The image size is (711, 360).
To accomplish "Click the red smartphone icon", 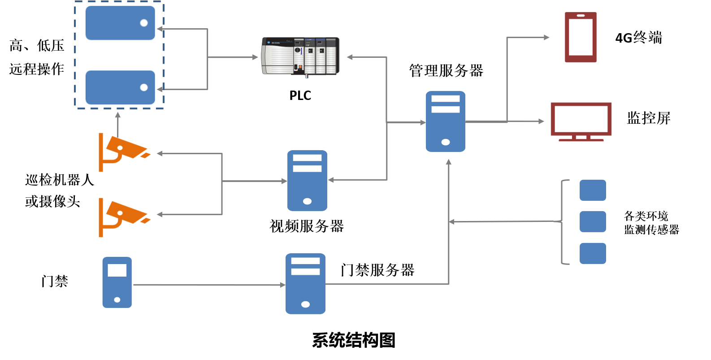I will [581, 37].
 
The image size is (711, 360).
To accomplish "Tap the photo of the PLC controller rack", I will [300, 56].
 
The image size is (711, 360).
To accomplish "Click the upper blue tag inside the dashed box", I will [120, 23].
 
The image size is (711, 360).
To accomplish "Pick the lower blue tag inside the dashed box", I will [120, 87].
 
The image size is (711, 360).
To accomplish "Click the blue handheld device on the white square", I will [117, 282].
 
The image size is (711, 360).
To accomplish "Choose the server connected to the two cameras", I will [307, 180].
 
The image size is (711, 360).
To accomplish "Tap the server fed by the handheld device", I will [305, 283].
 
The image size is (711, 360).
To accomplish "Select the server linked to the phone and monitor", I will [445, 121].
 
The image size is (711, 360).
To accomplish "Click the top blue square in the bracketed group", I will [593, 190].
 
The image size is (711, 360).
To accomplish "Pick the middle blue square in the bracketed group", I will [593, 221].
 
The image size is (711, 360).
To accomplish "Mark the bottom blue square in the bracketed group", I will [593, 253].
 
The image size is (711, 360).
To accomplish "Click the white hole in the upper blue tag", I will [144, 23].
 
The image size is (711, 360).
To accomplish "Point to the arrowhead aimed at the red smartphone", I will [546, 37].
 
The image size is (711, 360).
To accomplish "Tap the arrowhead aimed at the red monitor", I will [541, 121].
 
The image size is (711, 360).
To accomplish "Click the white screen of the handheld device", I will [117, 270].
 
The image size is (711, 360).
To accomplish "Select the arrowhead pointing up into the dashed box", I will [118, 115].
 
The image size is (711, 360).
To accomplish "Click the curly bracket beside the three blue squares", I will [563, 221].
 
